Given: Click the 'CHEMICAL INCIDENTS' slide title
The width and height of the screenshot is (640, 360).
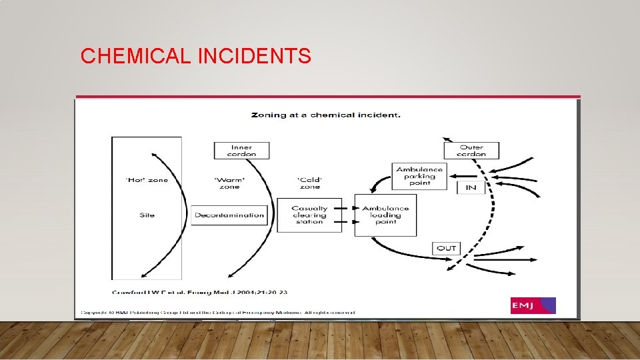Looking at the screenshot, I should [x=195, y=57].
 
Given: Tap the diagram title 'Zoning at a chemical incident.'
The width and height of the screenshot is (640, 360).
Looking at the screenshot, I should [x=325, y=115].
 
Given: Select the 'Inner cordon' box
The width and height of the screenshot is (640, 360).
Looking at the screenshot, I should [x=241, y=150].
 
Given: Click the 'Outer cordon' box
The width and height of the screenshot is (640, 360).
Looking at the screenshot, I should [x=471, y=150].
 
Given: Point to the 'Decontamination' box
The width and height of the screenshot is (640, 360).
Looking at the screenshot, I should [x=229, y=215].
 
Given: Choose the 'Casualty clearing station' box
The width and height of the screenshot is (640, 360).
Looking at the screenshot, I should [x=309, y=215].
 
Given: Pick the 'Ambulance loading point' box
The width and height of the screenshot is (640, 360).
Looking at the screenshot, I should [x=385, y=215].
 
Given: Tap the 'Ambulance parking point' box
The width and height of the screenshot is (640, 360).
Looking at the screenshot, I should [x=419, y=176].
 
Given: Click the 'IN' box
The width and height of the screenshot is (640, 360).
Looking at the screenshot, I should [x=471, y=187].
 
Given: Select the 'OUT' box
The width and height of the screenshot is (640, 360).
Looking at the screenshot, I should [x=446, y=248].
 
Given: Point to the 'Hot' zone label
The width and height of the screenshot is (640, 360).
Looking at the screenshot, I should [x=147, y=180].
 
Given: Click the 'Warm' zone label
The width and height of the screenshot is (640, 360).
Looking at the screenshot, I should [x=229, y=183].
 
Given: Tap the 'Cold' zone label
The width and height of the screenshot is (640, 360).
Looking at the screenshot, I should [x=309, y=183].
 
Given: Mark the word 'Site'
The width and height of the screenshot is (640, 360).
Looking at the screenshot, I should [x=147, y=215].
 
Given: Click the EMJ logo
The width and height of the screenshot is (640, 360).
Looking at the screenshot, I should [x=533, y=305].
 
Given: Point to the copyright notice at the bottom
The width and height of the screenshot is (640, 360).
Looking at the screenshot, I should [x=217, y=312].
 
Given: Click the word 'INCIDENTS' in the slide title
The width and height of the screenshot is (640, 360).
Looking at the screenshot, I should [x=254, y=57].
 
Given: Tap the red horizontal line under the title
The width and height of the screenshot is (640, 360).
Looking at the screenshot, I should [x=327, y=97].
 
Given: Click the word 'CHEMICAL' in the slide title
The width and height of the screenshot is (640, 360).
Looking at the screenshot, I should [x=136, y=57].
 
